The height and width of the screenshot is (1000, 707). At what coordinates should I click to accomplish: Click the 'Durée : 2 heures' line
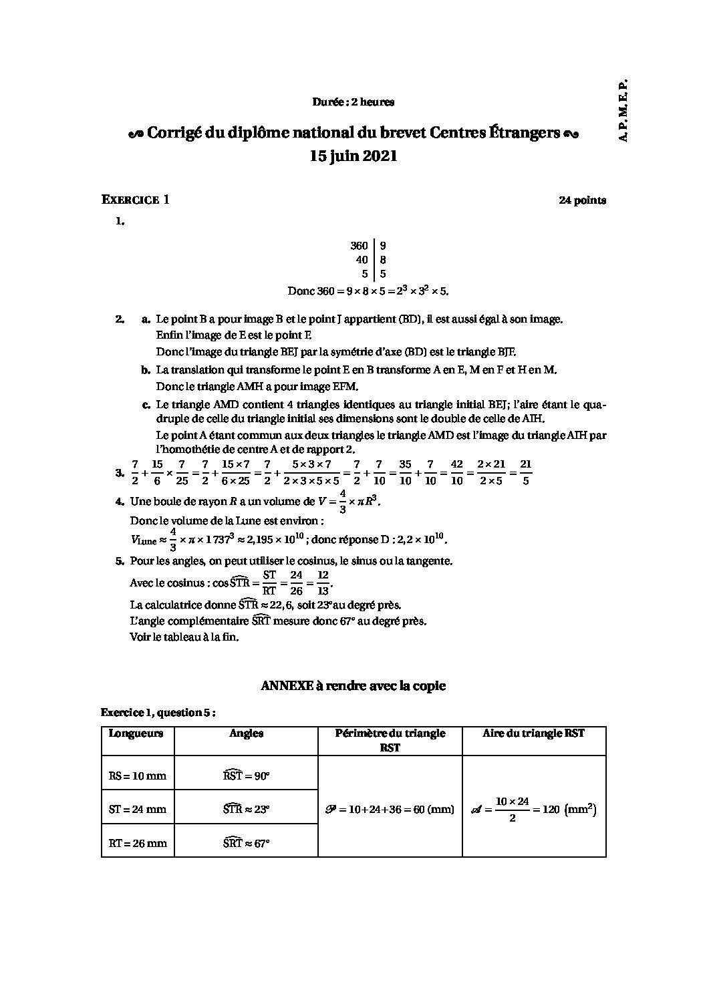click(353, 102)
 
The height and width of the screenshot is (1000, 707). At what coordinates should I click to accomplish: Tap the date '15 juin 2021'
click(353, 156)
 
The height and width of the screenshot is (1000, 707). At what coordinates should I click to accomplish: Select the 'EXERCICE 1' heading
click(135, 200)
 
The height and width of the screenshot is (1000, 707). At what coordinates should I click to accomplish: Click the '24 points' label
click(582, 200)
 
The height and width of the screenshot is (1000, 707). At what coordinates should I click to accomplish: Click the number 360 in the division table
click(359, 246)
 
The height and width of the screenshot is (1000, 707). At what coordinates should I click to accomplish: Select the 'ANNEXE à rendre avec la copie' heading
click(353, 686)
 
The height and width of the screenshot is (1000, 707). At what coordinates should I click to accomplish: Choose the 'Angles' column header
click(246, 733)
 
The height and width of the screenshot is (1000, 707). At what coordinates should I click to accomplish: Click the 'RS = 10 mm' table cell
click(137, 776)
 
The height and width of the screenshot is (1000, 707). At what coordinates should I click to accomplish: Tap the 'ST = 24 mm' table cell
click(137, 810)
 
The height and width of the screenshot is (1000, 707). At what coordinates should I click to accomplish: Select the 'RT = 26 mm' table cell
click(137, 843)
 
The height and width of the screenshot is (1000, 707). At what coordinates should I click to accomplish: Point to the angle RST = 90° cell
click(246, 776)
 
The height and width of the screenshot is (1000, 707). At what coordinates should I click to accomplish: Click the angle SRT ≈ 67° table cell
click(246, 842)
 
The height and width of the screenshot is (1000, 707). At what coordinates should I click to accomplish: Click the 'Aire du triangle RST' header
click(533, 733)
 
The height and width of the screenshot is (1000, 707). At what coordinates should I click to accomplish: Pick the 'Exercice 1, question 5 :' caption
click(158, 713)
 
